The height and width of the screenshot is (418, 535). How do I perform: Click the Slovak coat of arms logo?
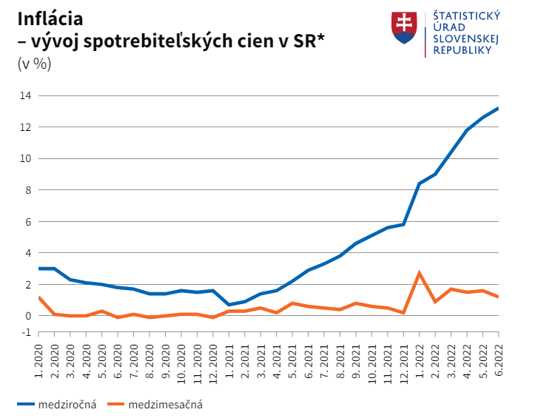[404, 27]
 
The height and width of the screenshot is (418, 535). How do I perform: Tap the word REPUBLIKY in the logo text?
[462, 50]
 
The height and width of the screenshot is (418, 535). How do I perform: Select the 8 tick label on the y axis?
[28, 190]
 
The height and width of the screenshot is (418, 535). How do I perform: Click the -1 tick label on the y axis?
[26, 332]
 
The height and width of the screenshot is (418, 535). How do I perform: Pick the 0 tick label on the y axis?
[28, 316]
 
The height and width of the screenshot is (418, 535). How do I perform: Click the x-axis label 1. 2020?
[38, 360]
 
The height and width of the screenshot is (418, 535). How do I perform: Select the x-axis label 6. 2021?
[308, 360]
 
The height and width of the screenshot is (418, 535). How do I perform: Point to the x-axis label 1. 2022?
[419, 360]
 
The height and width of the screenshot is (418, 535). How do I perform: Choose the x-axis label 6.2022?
[498, 359]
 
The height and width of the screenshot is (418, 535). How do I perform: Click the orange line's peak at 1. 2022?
[420, 273]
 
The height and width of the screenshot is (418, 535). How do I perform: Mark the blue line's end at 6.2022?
[498, 109]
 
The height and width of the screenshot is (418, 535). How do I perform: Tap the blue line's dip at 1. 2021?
[229, 304]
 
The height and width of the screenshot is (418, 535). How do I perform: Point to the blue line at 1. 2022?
[420, 183]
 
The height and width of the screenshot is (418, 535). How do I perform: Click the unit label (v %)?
[34, 64]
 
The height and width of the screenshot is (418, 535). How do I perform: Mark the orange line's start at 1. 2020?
[38, 297]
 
